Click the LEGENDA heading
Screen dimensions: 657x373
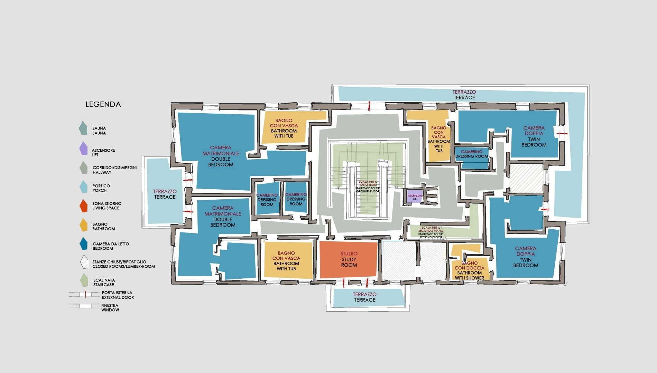[103, 104]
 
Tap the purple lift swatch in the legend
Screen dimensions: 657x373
[83, 149]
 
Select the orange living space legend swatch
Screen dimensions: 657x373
[83, 206]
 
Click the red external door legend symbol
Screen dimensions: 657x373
[85, 295]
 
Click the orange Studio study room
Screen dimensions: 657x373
[348, 260]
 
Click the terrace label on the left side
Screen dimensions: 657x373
[165, 194]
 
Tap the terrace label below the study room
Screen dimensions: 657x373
[365, 297]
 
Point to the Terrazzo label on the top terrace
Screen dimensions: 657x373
[464, 92]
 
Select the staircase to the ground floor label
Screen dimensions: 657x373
[368, 186]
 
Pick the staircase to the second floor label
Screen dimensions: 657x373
[431, 232]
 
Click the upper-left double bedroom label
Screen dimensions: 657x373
[221, 156]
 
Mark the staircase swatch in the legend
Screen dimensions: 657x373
[83, 280]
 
